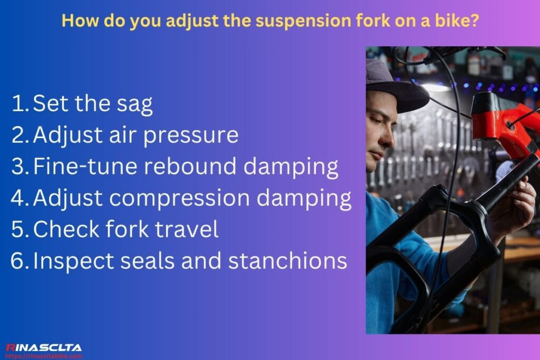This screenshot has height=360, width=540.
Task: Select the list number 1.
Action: [x=20, y=104]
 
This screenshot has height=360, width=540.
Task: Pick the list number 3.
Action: [x=20, y=167]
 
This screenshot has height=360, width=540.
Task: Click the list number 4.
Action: [x=20, y=198]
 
